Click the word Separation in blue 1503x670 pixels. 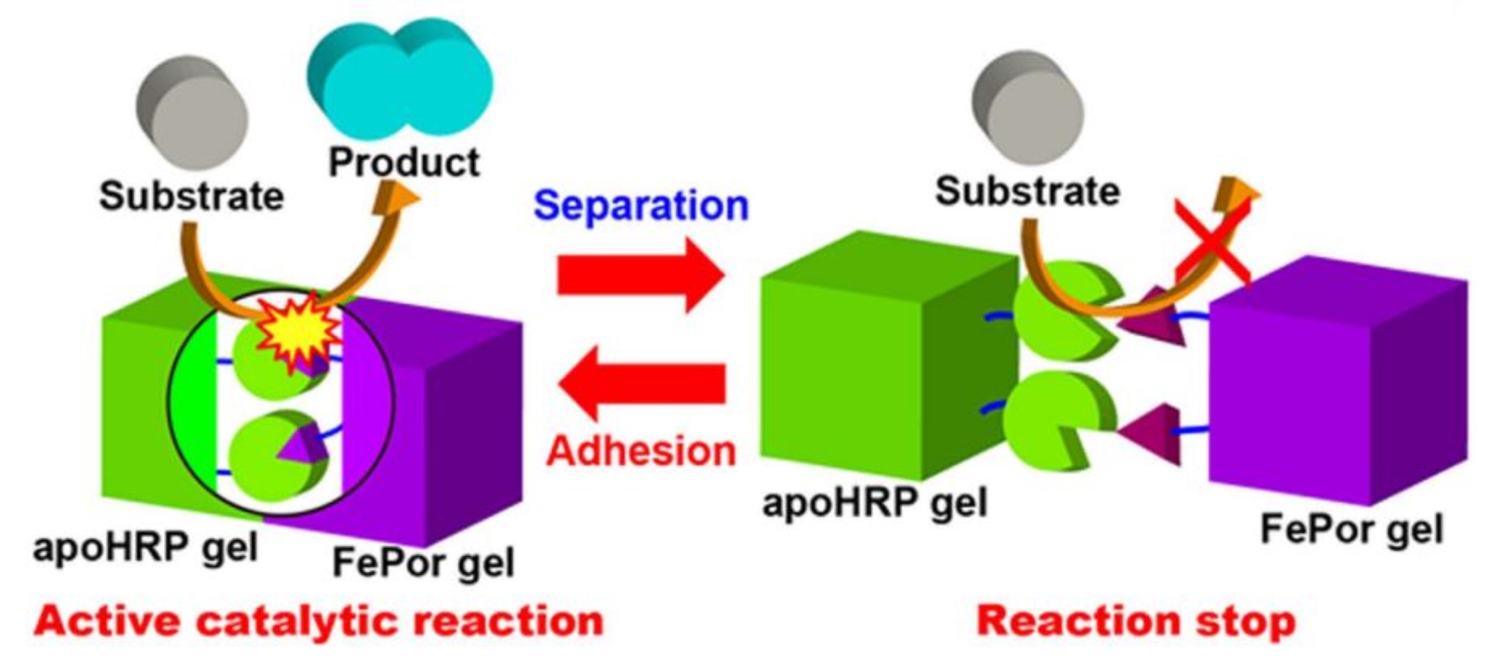click(640, 205)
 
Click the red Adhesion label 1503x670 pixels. click(640, 450)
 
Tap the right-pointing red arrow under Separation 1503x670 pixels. click(639, 275)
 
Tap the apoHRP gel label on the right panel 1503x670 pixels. click(875, 503)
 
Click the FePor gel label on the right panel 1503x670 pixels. click(1351, 530)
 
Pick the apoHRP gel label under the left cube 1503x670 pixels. click(145, 548)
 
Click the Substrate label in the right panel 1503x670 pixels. click(1028, 191)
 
